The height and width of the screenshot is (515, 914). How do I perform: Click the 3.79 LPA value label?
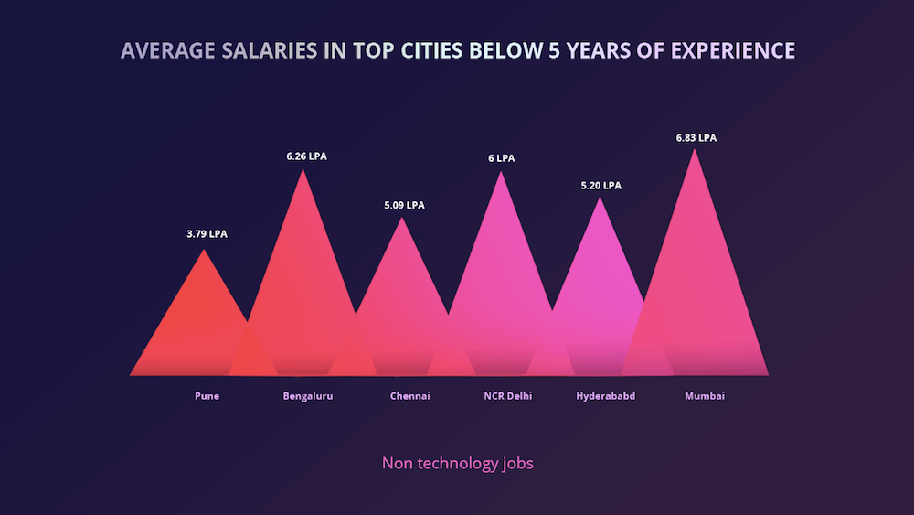coord(207,234)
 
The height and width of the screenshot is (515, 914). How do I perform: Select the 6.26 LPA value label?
coord(306,156)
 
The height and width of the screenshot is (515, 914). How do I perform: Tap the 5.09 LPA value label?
coord(404,205)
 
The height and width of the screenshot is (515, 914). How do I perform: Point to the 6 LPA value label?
coord(501,158)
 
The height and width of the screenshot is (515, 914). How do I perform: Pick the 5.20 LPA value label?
coord(600,186)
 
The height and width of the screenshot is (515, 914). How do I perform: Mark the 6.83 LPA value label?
coord(696,138)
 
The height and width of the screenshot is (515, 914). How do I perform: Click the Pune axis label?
coord(207,396)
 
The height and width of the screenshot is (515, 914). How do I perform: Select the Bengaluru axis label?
coord(308,396)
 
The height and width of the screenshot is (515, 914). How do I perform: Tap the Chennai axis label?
coord(409,396)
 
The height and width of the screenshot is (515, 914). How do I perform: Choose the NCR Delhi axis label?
coord(507,396)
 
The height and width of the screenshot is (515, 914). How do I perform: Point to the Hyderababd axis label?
coord(605,396)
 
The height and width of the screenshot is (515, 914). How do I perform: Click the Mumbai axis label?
coord(705,396)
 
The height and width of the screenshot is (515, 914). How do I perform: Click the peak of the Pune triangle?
coord(204,251)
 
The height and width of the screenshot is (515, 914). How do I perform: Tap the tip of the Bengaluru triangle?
coord(303,170)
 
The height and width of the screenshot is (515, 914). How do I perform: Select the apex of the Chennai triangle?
coord(401,219)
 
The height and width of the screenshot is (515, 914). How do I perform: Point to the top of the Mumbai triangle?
coord(695,150)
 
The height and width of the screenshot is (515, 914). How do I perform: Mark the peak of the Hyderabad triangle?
coord(600,198)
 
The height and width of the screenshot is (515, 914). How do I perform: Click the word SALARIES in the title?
coord(266,49)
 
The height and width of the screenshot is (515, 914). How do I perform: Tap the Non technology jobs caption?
coord(457,463)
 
